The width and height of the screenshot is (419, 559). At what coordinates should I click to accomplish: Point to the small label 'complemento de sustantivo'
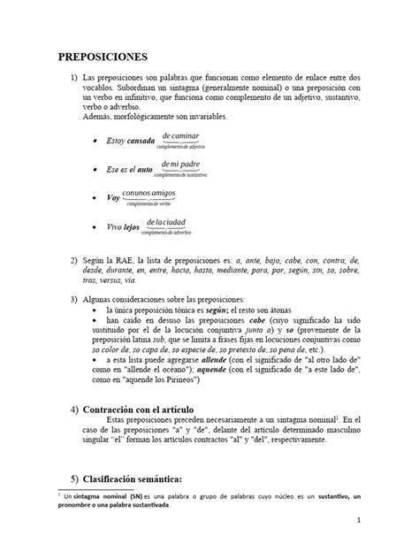[178, 176]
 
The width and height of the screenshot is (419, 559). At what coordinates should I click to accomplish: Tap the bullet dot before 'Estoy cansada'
[95, 142]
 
